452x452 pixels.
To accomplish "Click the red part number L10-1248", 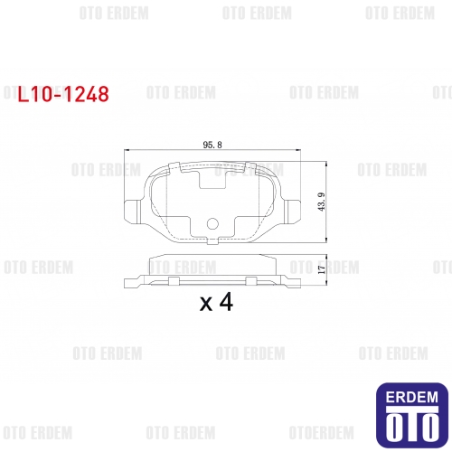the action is tap(63, 94).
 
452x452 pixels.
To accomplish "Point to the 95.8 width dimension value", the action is tap(212, 145).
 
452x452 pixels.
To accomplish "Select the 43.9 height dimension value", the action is tap(322, 202).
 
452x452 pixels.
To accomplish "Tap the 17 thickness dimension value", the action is tap(322, 269).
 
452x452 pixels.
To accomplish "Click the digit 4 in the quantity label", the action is tap(226, 302).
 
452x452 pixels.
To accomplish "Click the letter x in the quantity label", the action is tap(206, 305).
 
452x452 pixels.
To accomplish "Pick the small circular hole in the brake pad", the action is tap(212, 223).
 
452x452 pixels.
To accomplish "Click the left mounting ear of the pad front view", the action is tap(133, 212).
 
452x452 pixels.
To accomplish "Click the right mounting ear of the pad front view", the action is tap(293, 212).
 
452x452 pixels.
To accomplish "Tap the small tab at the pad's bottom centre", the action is tap(212, 241).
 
